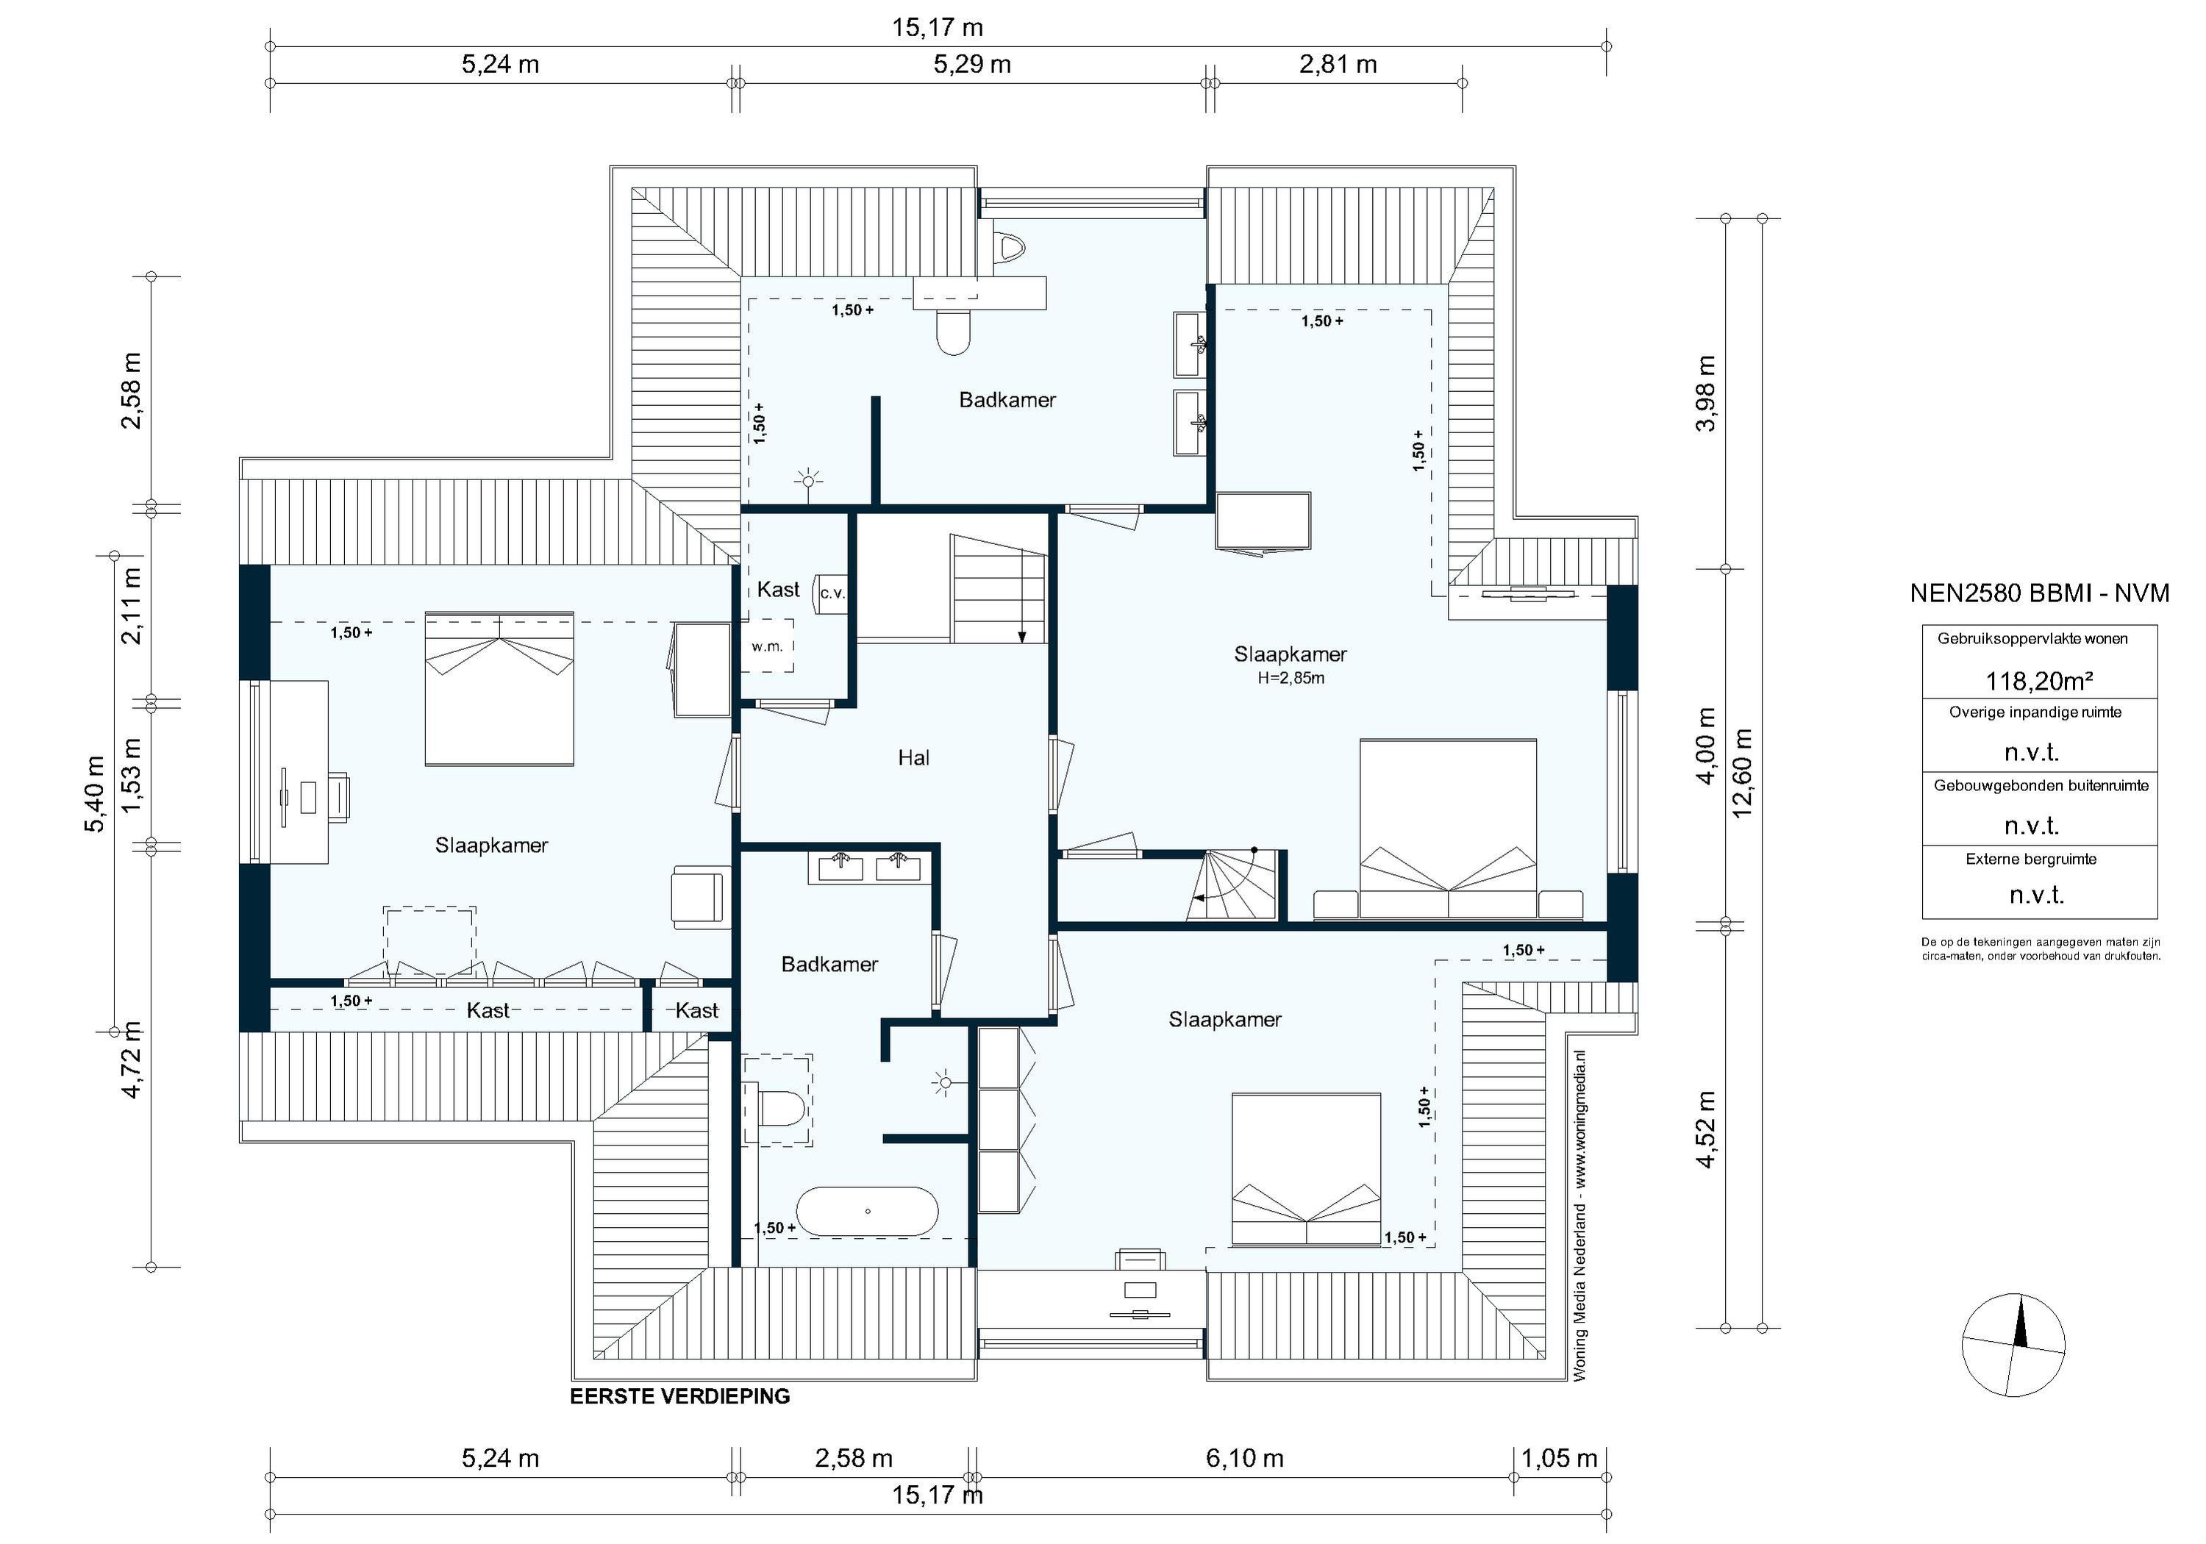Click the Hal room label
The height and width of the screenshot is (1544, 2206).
914,758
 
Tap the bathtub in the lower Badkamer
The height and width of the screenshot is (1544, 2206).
868,1212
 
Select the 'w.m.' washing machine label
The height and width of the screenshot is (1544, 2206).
768,646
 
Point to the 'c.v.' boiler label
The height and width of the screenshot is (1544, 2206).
832,594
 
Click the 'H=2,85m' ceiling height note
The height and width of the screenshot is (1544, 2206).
1291,679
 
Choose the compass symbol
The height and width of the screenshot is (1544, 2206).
2013,1345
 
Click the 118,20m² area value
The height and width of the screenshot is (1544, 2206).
2040,682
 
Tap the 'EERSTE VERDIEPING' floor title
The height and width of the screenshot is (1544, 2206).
680,1397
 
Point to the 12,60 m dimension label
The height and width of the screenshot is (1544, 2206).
1742,773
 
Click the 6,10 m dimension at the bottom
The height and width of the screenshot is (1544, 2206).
1245,1459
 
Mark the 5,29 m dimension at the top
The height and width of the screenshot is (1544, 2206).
972,65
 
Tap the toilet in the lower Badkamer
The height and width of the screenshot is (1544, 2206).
781,1108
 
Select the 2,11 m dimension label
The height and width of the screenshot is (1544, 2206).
131,607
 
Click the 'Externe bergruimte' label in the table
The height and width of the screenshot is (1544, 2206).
2031,859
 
